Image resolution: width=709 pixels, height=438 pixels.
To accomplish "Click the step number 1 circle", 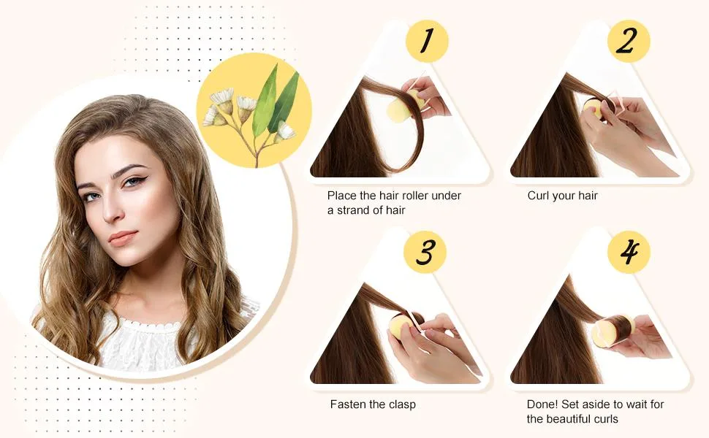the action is (x=426, y=41).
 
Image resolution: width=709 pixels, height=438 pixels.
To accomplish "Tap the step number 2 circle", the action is (x=629, y=41).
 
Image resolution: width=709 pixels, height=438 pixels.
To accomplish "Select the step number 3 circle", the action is (x=425, y=252).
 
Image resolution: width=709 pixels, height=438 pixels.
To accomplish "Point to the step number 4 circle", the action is (x=629, y=252).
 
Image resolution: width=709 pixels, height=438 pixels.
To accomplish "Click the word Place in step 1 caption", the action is (x=342, y=196).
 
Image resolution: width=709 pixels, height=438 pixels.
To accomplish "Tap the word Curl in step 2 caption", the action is (x=538, y=196).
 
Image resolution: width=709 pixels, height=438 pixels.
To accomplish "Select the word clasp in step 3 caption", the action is (x=400, y=404).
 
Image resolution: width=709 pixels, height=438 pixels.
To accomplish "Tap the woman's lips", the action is (x=123, y=237).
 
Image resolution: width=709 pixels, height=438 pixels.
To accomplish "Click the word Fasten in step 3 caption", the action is (x=346, y=404).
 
